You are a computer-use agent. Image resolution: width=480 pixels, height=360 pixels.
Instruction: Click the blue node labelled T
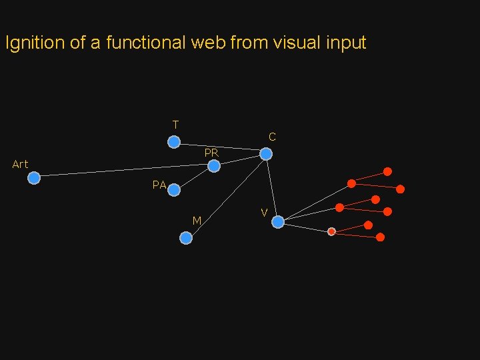click(173, 142)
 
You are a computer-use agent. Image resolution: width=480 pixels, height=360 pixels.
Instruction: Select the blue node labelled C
click(266, 154)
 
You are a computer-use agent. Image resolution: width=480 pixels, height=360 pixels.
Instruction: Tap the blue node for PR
click(213, 166)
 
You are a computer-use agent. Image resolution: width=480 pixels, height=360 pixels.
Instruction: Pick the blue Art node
click(34, 178)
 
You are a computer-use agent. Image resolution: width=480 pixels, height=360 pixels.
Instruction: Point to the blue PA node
click(174, 190)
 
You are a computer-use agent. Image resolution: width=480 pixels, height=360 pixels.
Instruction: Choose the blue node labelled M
click(186, 238)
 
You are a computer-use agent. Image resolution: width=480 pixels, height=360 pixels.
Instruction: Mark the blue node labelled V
click(278, 222)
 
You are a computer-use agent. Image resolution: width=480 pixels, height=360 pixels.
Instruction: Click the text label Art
click(20, 165)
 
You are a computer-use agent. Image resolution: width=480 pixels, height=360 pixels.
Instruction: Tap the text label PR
click(211, 153)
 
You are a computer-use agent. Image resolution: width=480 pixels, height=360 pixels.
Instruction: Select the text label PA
click(159, 185)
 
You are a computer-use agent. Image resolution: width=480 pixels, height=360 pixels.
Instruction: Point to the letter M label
click(197, 221)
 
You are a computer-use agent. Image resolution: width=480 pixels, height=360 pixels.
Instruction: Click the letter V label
click(265, 213)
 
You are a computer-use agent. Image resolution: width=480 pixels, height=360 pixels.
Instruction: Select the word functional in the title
click(145, 43)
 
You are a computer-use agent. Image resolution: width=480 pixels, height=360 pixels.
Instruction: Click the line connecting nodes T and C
click(220, 148)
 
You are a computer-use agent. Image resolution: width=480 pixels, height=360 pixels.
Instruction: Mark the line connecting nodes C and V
click(272, 188)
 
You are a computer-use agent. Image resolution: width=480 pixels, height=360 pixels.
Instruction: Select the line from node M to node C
click(226, 196)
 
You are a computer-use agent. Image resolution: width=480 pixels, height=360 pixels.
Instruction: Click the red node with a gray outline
click(331, 231)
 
